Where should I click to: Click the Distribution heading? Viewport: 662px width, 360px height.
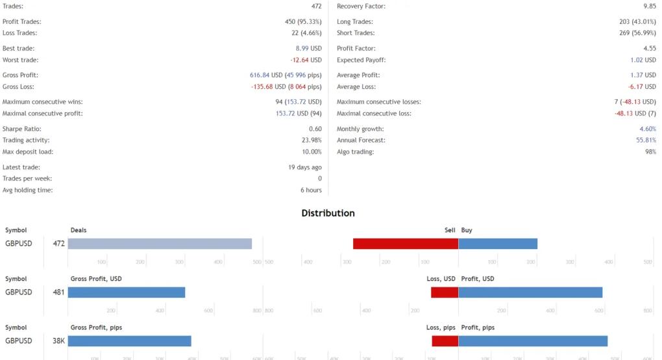[328, 213]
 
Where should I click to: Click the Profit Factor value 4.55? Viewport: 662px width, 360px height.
[649, 49]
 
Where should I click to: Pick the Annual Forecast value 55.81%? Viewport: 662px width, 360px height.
[646, 140]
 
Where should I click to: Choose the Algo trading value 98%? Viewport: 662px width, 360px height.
[650, 152]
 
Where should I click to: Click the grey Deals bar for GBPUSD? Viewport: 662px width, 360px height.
[160, 244]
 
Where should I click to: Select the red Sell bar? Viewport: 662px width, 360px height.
[406, 244]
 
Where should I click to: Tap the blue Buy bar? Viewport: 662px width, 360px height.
[498, 244]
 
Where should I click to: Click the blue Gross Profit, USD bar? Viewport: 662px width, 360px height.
[127, 293]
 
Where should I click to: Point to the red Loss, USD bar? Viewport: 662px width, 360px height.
[445, 293]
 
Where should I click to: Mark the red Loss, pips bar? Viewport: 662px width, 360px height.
[445, 341]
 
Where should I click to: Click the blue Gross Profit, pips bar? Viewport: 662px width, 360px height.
[129, 341]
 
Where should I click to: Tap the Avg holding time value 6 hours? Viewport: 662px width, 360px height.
[311, 190]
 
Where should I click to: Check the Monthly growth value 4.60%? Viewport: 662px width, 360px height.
[647, 129]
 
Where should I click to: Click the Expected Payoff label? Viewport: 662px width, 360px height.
[361, 60]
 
